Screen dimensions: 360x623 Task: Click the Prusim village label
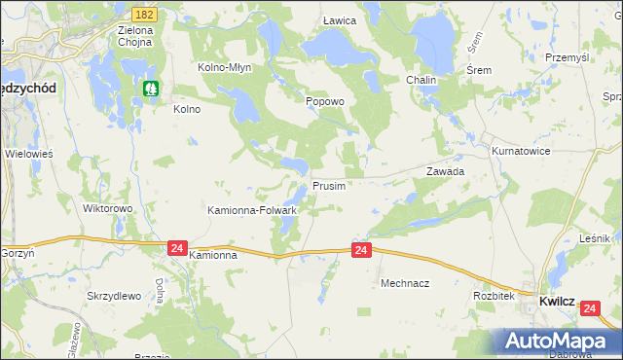pos(329,186)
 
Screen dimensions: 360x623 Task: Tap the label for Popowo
pos(325,101)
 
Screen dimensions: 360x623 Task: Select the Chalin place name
pos(421,80)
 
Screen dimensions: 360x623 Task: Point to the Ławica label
pos(340,20)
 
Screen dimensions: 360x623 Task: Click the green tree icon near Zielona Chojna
pos(151,89)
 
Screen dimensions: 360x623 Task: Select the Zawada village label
pos(445,170)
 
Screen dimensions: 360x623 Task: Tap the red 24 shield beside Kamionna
pos(176,248)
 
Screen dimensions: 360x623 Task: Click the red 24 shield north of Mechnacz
pos(361,251)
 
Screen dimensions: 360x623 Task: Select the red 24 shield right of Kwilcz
pos(590,308)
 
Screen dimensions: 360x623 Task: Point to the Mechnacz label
pos(405,283)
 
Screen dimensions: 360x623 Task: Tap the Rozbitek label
pos(493,295)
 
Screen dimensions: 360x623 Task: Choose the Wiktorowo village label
pos(107,208)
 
